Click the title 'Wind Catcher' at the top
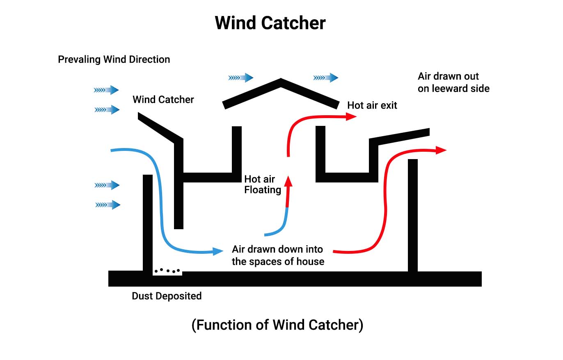coord(270,23)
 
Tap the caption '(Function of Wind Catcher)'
coord(277,325)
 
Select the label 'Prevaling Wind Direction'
coord(114,59)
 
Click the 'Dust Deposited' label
coord(167,296)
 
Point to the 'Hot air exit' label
coord(372,105)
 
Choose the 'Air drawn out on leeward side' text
coord(453,82)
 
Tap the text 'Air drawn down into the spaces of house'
coord(278,255)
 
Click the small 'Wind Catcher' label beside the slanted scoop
coord(163,100)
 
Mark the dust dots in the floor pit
coord(167,271)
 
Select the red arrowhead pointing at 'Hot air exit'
coord(351,116)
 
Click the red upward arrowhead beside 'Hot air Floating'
coord(288,182)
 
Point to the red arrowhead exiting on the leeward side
coord(441,150)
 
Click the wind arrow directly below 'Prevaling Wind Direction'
coord(106,90)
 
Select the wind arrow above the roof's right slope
coord(326,77)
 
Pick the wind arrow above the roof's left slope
coord(241,77)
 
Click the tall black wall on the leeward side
coord(412,215)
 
